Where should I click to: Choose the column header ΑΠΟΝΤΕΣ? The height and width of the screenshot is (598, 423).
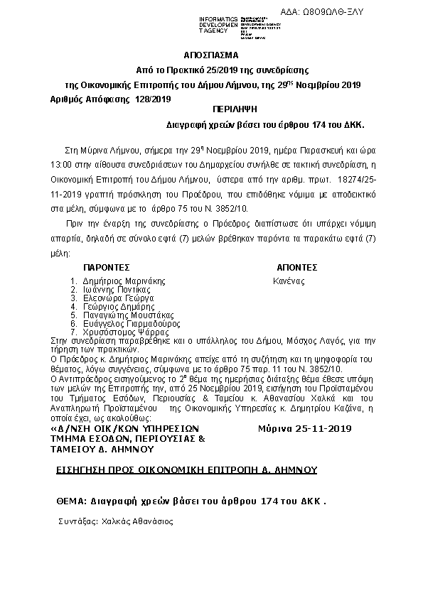click(296, 268)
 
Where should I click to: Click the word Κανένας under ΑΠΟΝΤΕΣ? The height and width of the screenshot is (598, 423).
click(289, 281)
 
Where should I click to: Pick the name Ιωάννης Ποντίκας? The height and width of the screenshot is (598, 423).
click(116, 290)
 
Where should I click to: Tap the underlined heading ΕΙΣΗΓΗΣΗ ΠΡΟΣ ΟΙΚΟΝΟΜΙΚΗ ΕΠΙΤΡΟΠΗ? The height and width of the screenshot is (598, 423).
click(186, 470)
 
